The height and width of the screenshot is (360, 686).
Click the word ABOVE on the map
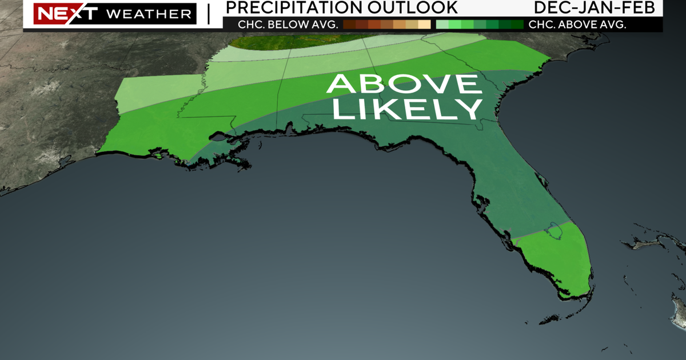tap(404, 85)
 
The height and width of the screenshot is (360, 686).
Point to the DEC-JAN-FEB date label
tap(598, 7)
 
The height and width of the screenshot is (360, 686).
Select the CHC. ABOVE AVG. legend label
tap(577, 25)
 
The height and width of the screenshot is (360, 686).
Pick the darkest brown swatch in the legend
tap(349, 25)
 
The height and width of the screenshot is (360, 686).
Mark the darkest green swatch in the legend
tap(517, 25)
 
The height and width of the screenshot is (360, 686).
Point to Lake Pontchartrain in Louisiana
tap(217, 137)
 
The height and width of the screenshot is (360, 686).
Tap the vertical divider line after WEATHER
tap(208, 14)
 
